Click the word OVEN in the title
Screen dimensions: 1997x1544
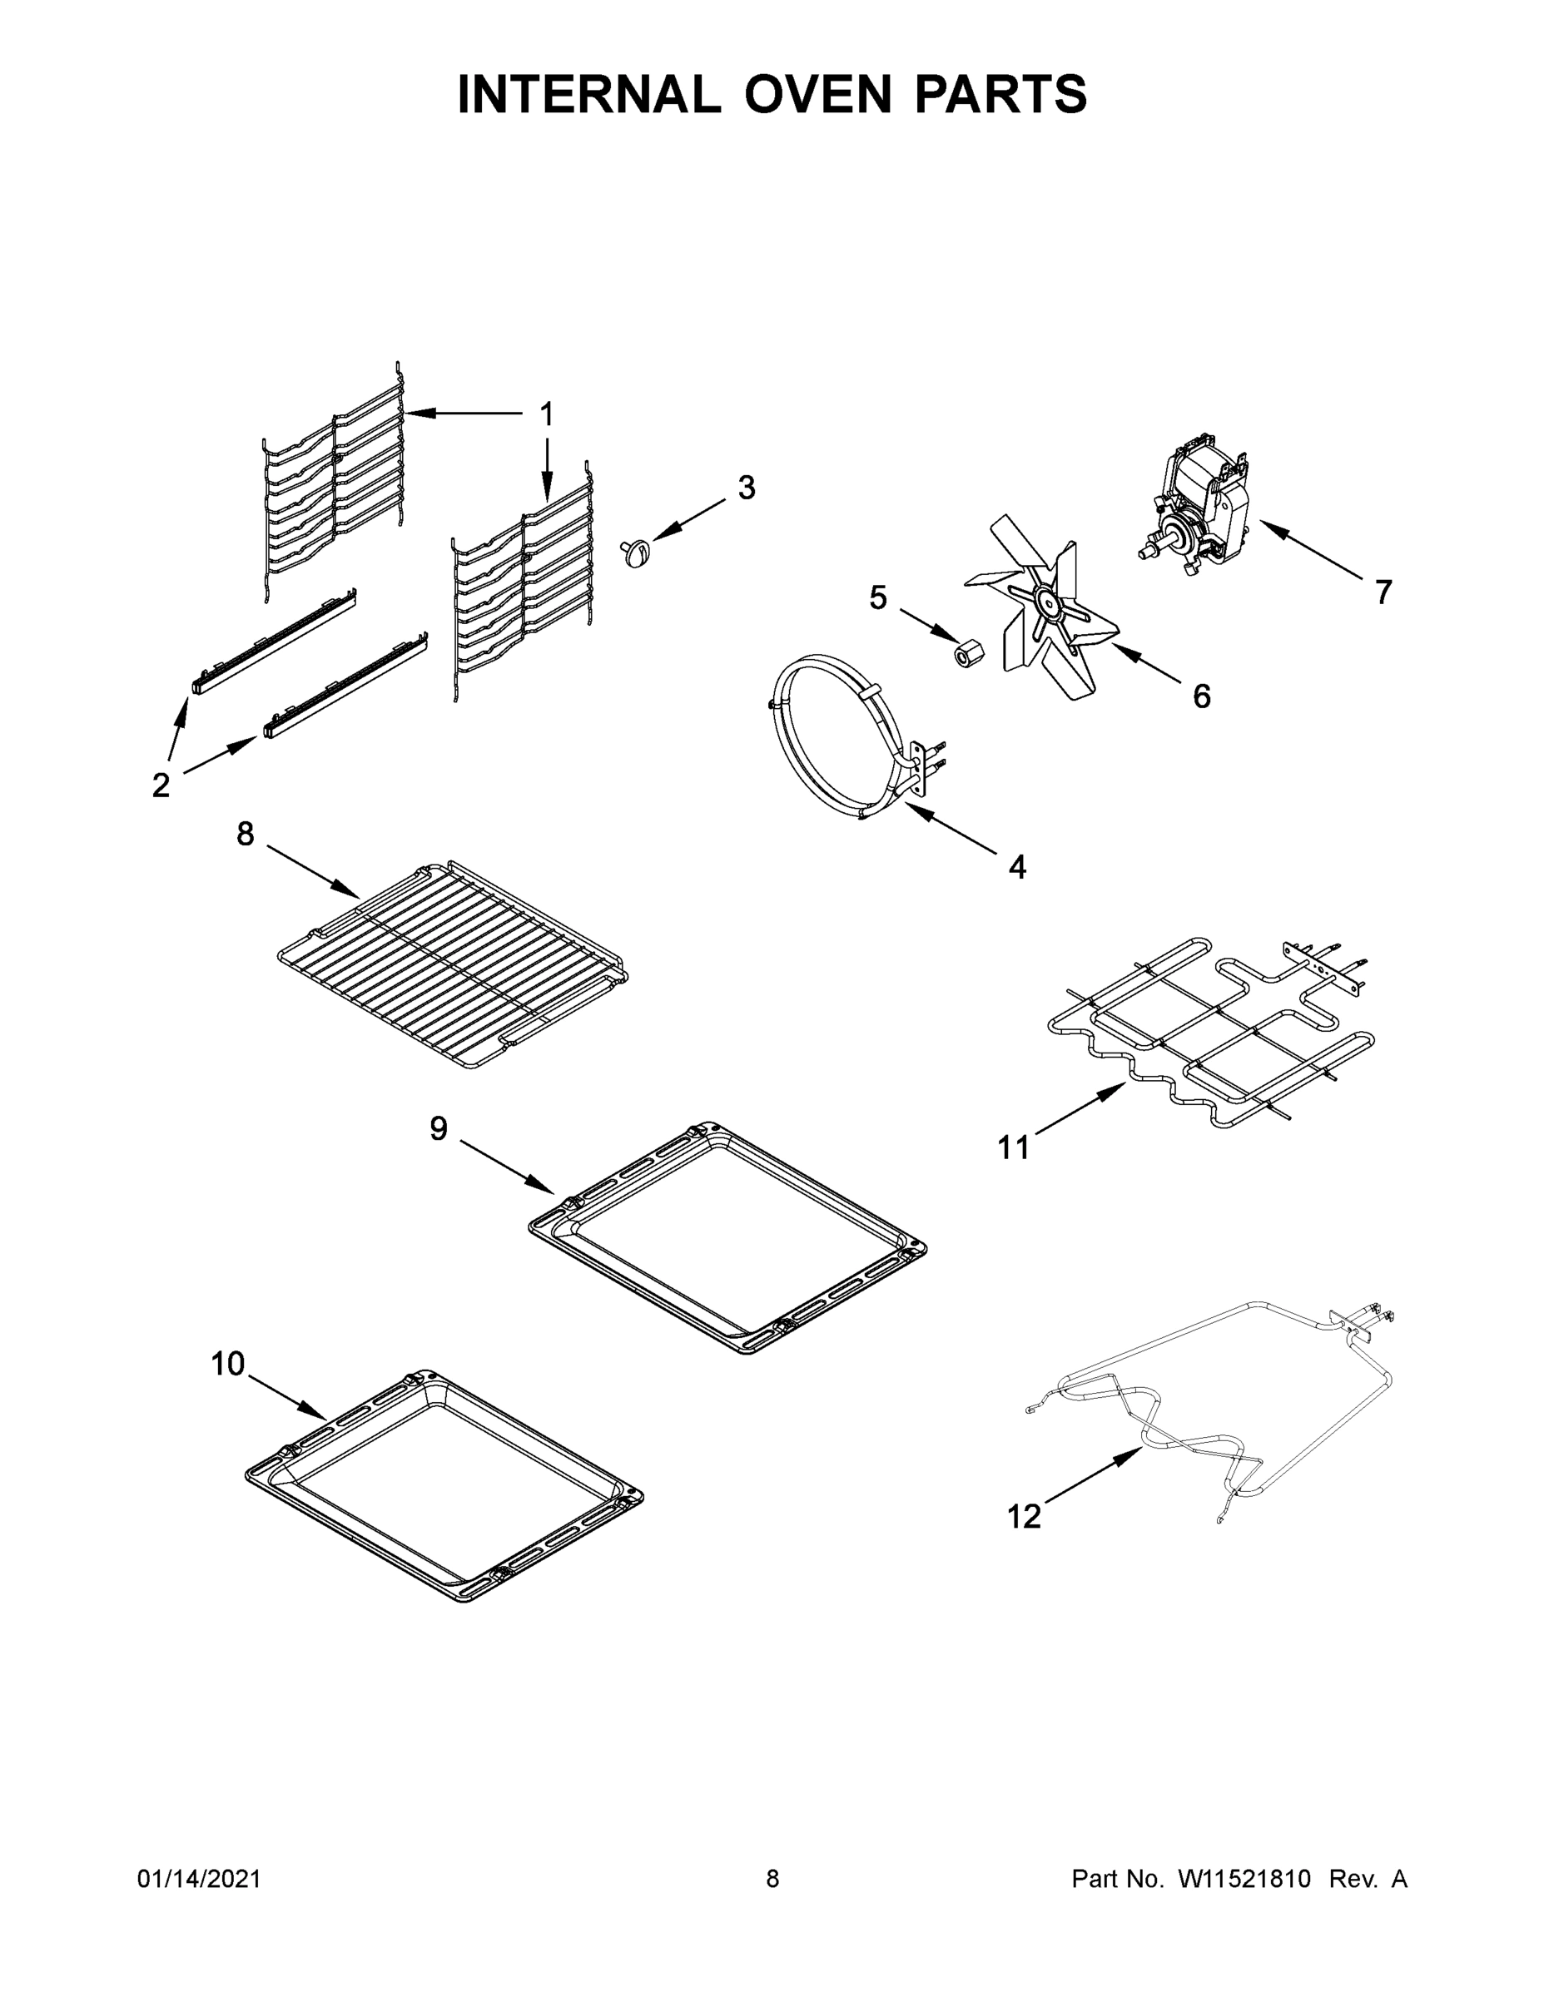click(817, 94)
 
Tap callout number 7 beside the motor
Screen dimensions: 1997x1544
click(1383, 592)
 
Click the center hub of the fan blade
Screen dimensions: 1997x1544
click(1045, 600)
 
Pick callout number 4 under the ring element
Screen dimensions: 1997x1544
click(1017, 867)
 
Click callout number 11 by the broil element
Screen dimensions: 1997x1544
click(1013, 1147)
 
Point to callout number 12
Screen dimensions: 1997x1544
click(1024, 1517)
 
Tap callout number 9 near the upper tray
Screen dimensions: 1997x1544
click(439, 1129)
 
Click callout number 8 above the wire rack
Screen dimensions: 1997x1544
click(246, 833)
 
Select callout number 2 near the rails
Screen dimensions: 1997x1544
click(161, 785)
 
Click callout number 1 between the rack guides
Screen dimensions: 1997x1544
click(546, 415)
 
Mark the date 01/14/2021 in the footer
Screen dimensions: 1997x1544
click(198, 1879)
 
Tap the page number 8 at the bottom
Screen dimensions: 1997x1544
click(772, 1879)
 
